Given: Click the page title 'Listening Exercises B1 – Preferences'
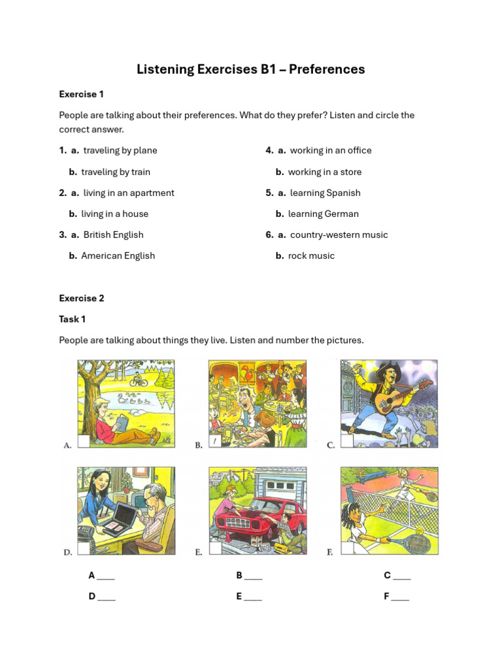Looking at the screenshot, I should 250,69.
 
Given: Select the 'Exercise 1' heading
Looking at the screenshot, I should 81,94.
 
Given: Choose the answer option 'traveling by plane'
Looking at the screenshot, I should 120,150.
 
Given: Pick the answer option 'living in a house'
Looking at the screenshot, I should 114,214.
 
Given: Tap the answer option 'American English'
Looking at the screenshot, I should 118,255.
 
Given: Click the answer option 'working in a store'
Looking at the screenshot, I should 324,172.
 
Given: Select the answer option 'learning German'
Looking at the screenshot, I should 323,214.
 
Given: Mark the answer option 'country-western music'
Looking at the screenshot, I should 339,235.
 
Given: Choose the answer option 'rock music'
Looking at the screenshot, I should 311,255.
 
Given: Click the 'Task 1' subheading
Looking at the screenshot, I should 72,319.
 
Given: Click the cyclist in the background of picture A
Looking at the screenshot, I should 137,378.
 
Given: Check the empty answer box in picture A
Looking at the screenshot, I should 84,442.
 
